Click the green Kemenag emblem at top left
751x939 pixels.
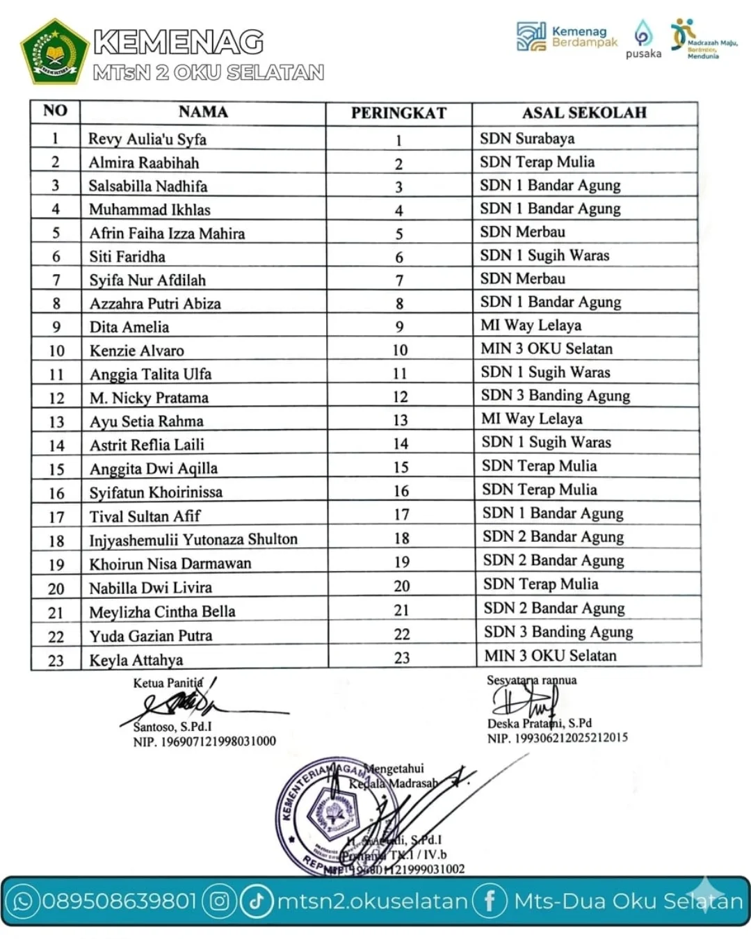(x=55, y=50)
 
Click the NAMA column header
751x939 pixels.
(x=203, y=112)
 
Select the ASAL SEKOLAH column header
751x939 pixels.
(x=584, y=113)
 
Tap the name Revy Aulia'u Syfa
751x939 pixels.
(x=147, y=139)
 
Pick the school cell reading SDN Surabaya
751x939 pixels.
(x=527, y=138)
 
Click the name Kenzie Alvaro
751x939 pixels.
(x=137, y=351)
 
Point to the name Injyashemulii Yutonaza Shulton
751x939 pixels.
(x=193, y=540)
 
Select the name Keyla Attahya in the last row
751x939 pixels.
(x=136, y=660)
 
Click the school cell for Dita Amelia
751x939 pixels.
(x=531, y=326)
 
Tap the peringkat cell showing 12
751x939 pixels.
(x=400, y=397)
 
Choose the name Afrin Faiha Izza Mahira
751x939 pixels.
(x=167, y=234)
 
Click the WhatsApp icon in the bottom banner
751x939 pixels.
(x=24, y=901)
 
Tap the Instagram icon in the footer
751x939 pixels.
(x=219, y=901)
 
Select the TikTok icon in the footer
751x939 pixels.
(x=257, y=901)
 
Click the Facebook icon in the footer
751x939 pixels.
(x=490, y=901)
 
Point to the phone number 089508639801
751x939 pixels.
(x=120, y=901)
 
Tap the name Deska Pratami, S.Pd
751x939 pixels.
(x=539, y=723)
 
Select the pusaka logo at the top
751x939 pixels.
(x=643, y=40)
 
